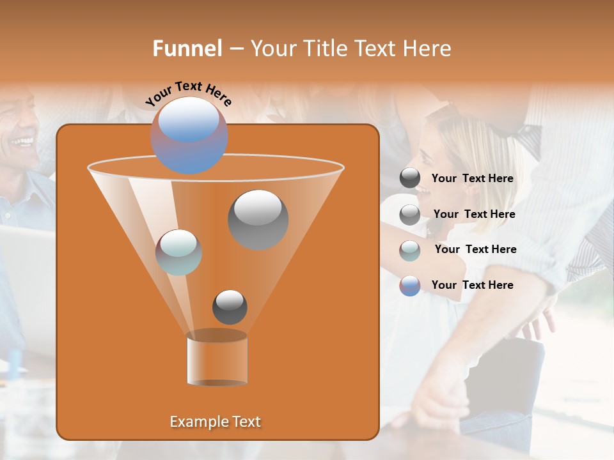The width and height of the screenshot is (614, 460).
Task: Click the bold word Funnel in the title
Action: click(187, 49)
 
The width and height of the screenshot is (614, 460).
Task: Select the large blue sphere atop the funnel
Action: click(189, 135)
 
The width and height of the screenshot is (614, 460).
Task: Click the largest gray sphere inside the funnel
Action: click(258, 219)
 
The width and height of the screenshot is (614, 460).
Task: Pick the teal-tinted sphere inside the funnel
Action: click(178, 252)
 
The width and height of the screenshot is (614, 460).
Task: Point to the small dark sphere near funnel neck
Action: click(230, 307)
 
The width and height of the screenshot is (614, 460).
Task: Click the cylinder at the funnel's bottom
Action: click(217, 359)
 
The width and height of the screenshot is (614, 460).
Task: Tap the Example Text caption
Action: click(215, 422)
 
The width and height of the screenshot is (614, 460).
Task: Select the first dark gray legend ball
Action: click(410, 178)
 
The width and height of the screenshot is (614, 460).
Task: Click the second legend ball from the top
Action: click(410, 215)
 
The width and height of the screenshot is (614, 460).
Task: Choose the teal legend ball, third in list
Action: click(410, 250)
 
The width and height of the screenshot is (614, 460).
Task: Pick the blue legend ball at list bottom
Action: click(410, 286)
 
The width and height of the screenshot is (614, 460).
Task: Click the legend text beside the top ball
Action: click(472, 179)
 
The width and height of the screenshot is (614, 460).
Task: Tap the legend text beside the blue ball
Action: click(472, 285)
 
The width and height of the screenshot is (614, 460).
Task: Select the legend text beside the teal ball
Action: click(475, 249)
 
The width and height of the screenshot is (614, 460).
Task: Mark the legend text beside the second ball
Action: click(474, 214)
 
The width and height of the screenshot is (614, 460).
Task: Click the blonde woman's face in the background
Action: click(438, 167)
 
